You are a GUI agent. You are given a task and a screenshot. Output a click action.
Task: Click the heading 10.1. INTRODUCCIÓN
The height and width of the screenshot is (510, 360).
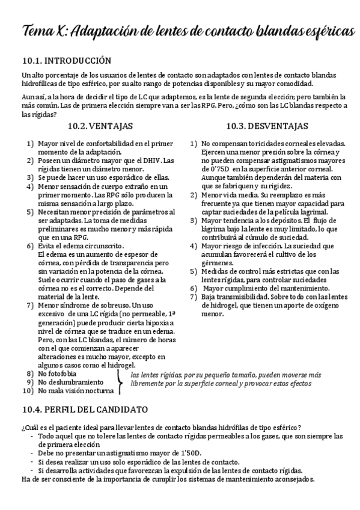(x=66, y=60)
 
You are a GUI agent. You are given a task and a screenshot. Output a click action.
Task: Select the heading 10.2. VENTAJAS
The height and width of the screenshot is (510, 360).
(x=100, y=126)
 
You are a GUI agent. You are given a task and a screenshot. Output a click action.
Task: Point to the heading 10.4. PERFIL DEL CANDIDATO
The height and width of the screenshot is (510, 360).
(x=84, y=410)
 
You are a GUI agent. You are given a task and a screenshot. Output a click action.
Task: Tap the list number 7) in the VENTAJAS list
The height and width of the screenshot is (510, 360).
(x=29, y=306)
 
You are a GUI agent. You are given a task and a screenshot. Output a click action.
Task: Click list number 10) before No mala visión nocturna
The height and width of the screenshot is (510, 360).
(x=28, y=390)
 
